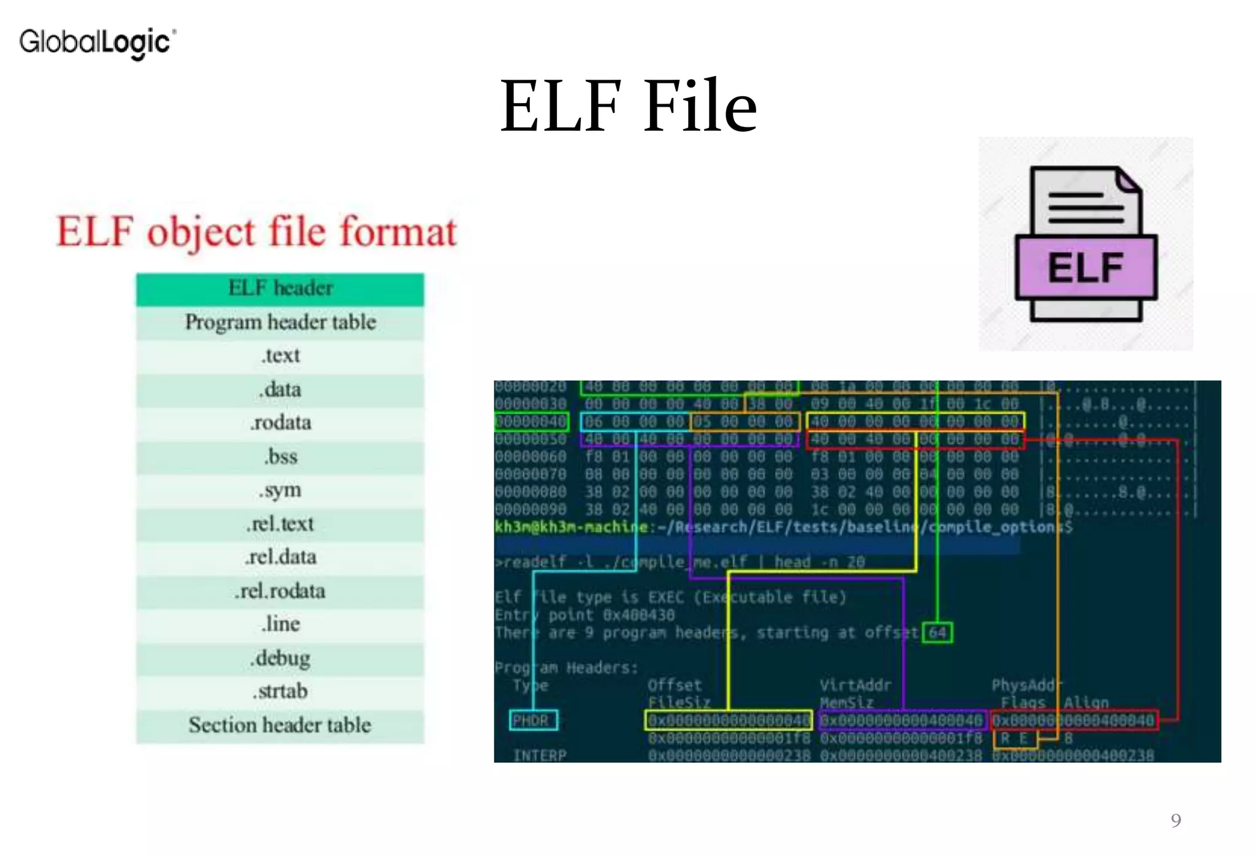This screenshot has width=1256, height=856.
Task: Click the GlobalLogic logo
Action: click(98, 42)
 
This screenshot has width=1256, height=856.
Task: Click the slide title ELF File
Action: click(629, 105)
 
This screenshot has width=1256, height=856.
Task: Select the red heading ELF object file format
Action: click(256, 232)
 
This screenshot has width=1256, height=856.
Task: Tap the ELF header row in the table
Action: click(280, 288)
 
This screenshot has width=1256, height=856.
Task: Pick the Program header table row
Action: click(280, 323)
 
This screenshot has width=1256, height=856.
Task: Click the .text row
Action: click(280, 356)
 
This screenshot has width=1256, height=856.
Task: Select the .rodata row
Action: click(280, 422)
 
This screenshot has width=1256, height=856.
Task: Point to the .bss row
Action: click(280, 457)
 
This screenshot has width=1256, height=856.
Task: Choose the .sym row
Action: click(280, 490)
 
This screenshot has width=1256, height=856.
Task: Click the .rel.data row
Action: click(280, 557)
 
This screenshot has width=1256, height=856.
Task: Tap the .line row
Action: click(280, 624)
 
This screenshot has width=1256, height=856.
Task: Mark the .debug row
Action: click(280, 658)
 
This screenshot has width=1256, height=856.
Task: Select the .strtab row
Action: click(280, 691)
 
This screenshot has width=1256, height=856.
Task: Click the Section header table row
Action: click(280, 725)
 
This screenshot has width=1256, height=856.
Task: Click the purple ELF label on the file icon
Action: click(1086, 267)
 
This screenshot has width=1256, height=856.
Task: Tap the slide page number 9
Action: click(1176, 820)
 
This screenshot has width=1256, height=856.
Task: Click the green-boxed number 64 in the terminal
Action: click(937, 632)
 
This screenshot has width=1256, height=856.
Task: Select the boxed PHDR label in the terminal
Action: click(533, 720)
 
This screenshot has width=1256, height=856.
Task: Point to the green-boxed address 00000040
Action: click(531, 421)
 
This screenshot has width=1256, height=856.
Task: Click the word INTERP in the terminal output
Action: click(540, 755)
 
